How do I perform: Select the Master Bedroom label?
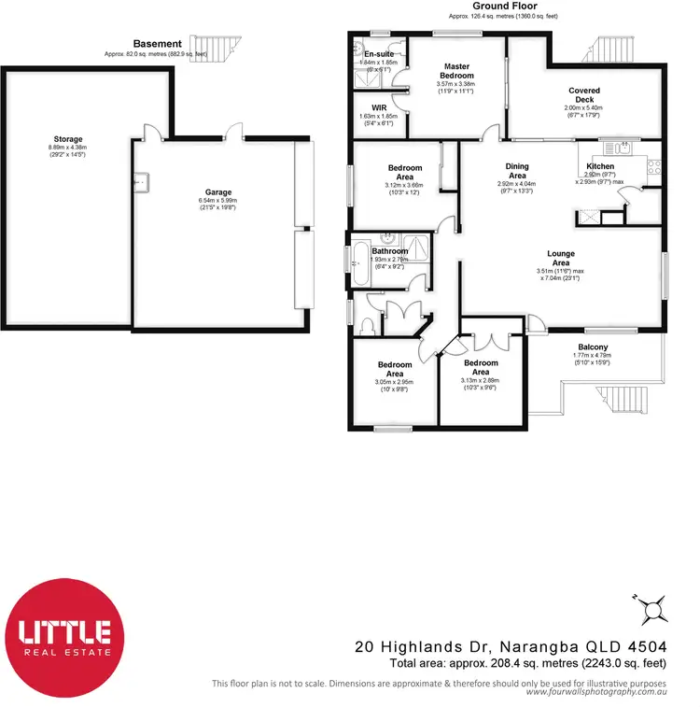[x=457, y=71]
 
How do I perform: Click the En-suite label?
[x=379, y=55]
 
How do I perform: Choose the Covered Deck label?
[x=584, y=95]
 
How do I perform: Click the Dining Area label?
[x=516, y=171]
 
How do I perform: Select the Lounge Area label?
[x=561, y=258]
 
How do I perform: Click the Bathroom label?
[x=390, y=251]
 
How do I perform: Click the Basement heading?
[x=157, y=44]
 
